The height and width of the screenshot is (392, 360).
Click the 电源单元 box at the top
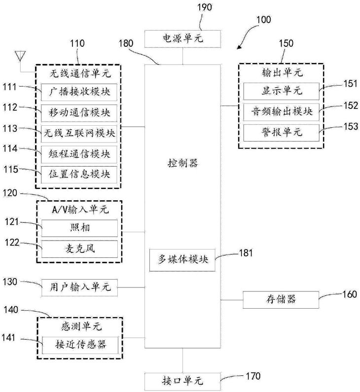[x=183, y=39]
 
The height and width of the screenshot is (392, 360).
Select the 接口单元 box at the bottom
[x=183, y=381]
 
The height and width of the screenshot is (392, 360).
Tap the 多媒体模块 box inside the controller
[x=182, y=260]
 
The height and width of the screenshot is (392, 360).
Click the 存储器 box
[x=281, y=299]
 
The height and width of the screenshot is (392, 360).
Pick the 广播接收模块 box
[x=79, y=92]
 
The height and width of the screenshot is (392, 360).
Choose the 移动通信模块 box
[x=79, y=113]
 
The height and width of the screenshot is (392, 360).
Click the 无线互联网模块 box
[x=79, y=134]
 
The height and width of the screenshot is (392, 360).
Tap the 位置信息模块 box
[x=79, y=175]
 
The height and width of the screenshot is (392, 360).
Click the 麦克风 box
[x=79, y=249]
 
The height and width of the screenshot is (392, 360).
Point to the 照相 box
[x=79, y=228]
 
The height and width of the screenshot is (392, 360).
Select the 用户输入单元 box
[x=79, y=287]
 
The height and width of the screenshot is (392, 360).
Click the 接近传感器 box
[x=80, y=345]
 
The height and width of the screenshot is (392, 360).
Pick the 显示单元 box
[x=281, y=91]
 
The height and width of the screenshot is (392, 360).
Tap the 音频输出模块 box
[x=281, y=112]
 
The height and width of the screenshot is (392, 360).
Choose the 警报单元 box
[x=281, y=133]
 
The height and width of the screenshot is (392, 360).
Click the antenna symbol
[x=20, y=56]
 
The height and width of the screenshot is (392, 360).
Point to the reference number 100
[x=264, y=20]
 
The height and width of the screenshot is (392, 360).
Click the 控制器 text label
[x=183, y=164]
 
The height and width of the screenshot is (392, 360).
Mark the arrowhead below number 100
[x=239, y=46]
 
